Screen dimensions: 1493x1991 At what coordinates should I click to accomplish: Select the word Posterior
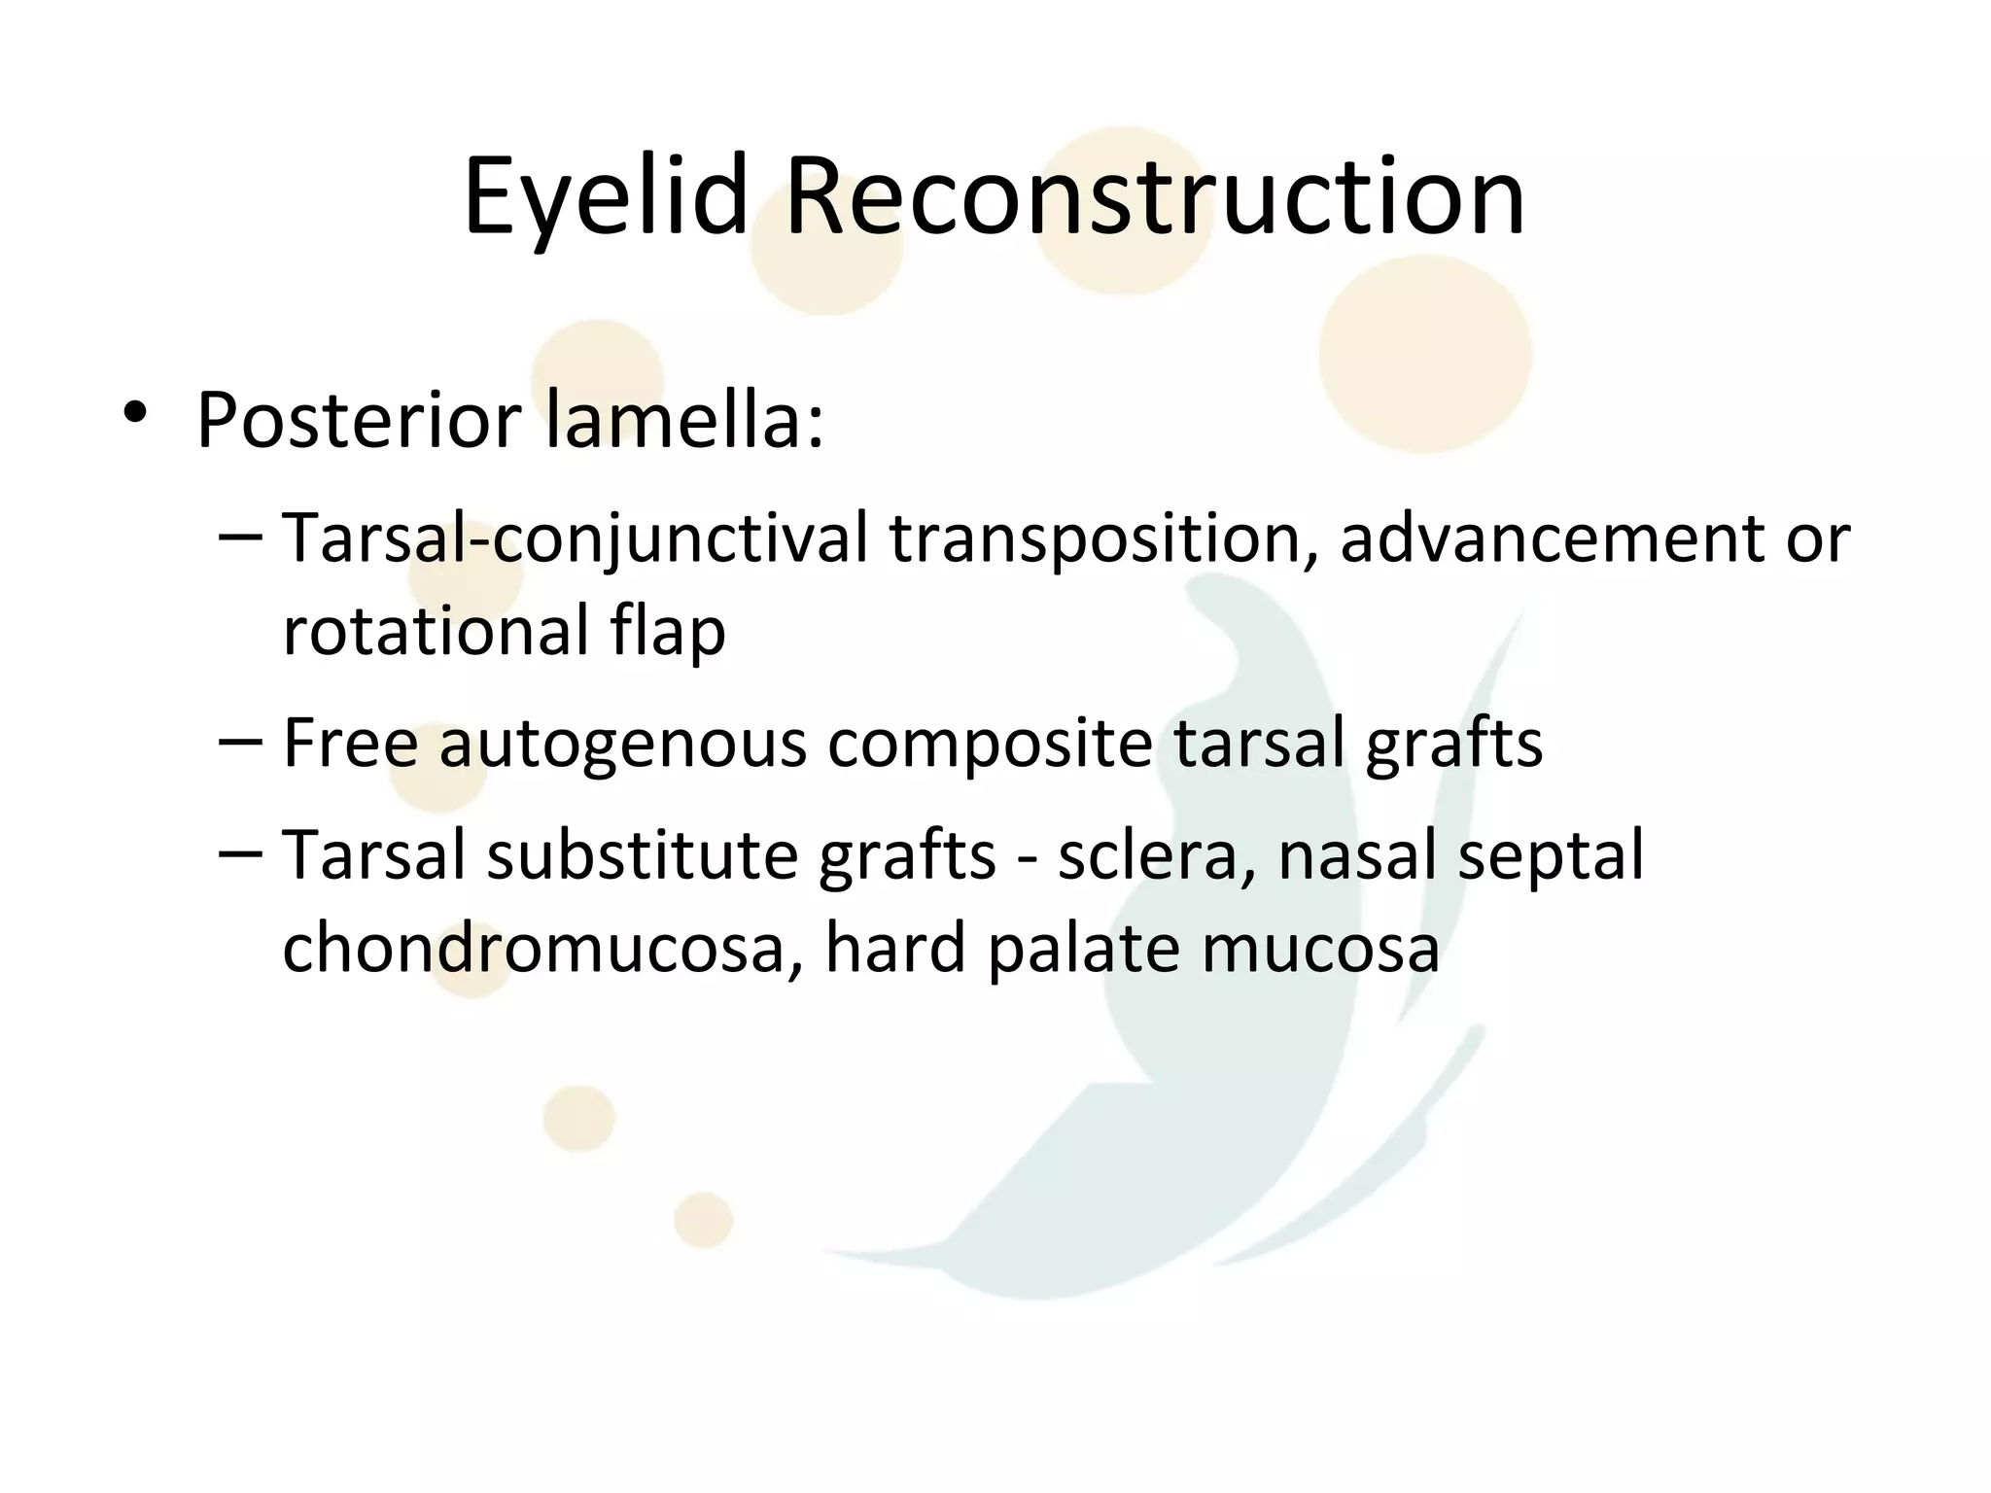[x=360, y=421]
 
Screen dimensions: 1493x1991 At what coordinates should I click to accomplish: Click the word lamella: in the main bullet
[x=685, y=421]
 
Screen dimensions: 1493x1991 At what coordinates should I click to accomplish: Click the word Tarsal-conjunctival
[x=575, y=538]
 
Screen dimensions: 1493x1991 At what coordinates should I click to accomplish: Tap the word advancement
[x=1551, y=538]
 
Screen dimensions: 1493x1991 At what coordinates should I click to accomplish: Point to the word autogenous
[x=623, y=744]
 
